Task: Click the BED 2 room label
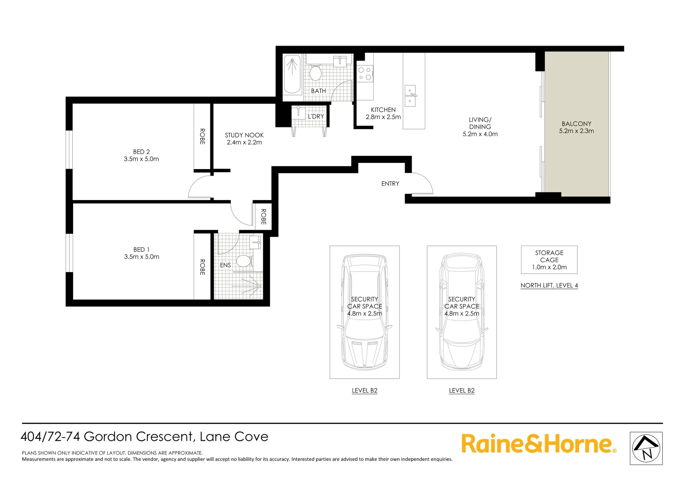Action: tap(141, 152)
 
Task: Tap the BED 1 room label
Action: tap(141, 250)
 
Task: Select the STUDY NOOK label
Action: tap(244, 135)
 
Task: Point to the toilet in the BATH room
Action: tap(315, 72)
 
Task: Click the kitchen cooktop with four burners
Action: tap(365, 73)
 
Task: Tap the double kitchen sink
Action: tap(410, 96)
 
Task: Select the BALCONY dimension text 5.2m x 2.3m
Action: tap(576, 131)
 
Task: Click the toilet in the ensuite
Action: tap(243, 260)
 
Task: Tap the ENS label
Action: tap(225, 265)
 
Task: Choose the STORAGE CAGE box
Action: tap(549, 260)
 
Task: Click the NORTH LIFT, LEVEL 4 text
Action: tap(549, 285)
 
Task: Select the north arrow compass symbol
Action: tap(646, 448)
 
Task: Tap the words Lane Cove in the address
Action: tap(234, 437)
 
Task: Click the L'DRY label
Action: tap(316, 116)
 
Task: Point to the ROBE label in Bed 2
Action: tap(202, 136)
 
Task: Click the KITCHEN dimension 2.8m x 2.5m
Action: tap(383, 117)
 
